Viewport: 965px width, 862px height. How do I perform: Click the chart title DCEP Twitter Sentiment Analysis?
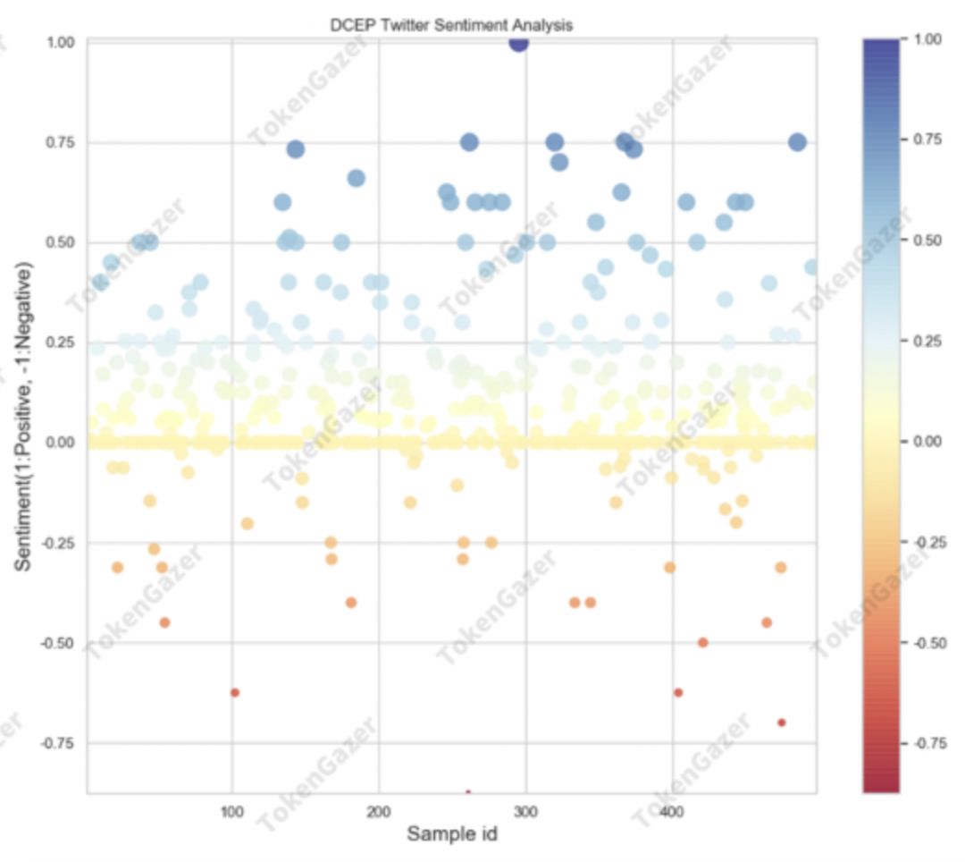[x=451, y=25]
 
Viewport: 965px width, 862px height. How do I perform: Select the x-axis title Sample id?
[x=451, y=834]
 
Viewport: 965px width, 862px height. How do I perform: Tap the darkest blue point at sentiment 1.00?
[x=518, y=42]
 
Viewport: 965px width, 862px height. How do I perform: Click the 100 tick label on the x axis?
[x=232, y=812]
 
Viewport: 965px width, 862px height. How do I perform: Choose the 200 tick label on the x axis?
[x=379, y=812]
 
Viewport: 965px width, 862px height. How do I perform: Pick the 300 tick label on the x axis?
[x=525, y=812]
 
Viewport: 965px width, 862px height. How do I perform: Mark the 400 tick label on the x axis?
[x=671, y=812]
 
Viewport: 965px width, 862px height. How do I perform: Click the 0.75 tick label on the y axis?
[x=63, y=143]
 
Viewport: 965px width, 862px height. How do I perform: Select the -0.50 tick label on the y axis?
[x=61, y=643]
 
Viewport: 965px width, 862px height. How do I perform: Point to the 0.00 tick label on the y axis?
[x=63, y=443]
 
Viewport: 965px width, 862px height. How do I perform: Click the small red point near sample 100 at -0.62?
[x=235, y=692]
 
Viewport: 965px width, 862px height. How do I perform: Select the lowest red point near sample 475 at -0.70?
[x=782, y=723]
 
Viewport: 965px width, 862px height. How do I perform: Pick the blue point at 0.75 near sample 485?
[x=797, y=142]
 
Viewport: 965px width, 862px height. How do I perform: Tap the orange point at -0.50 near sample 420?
[x=702, y=642]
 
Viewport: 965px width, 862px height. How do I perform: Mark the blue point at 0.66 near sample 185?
[x=356, y=178]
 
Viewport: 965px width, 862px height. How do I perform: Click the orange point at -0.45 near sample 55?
[x=164, y=622]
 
